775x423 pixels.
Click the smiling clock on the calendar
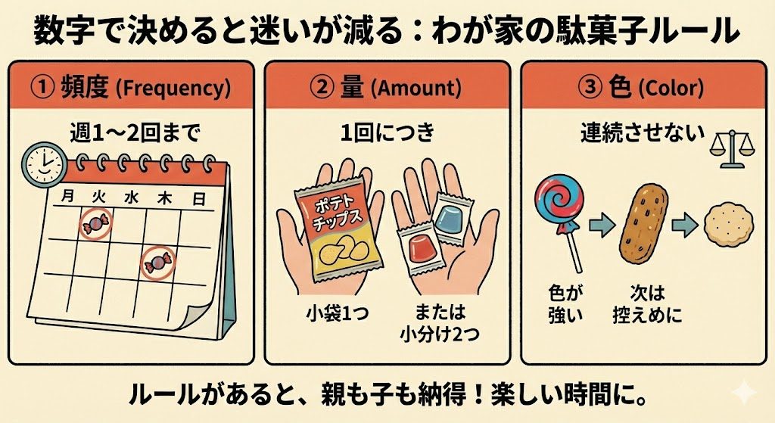tap(44, 165)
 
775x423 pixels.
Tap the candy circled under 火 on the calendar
tap(97, 224)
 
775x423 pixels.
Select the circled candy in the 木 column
tap(158, 262)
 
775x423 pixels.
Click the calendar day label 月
tap(68, 196)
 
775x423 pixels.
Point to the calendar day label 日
tap(199, 199)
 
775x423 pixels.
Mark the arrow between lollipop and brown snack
tap(602, 225)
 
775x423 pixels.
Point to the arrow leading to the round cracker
tap(684, 225)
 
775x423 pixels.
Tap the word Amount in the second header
tap(416, 89)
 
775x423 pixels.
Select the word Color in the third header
tap(671, 89)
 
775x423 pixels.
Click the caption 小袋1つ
tap(337, 313)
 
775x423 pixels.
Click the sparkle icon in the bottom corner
tap(743, 393)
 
